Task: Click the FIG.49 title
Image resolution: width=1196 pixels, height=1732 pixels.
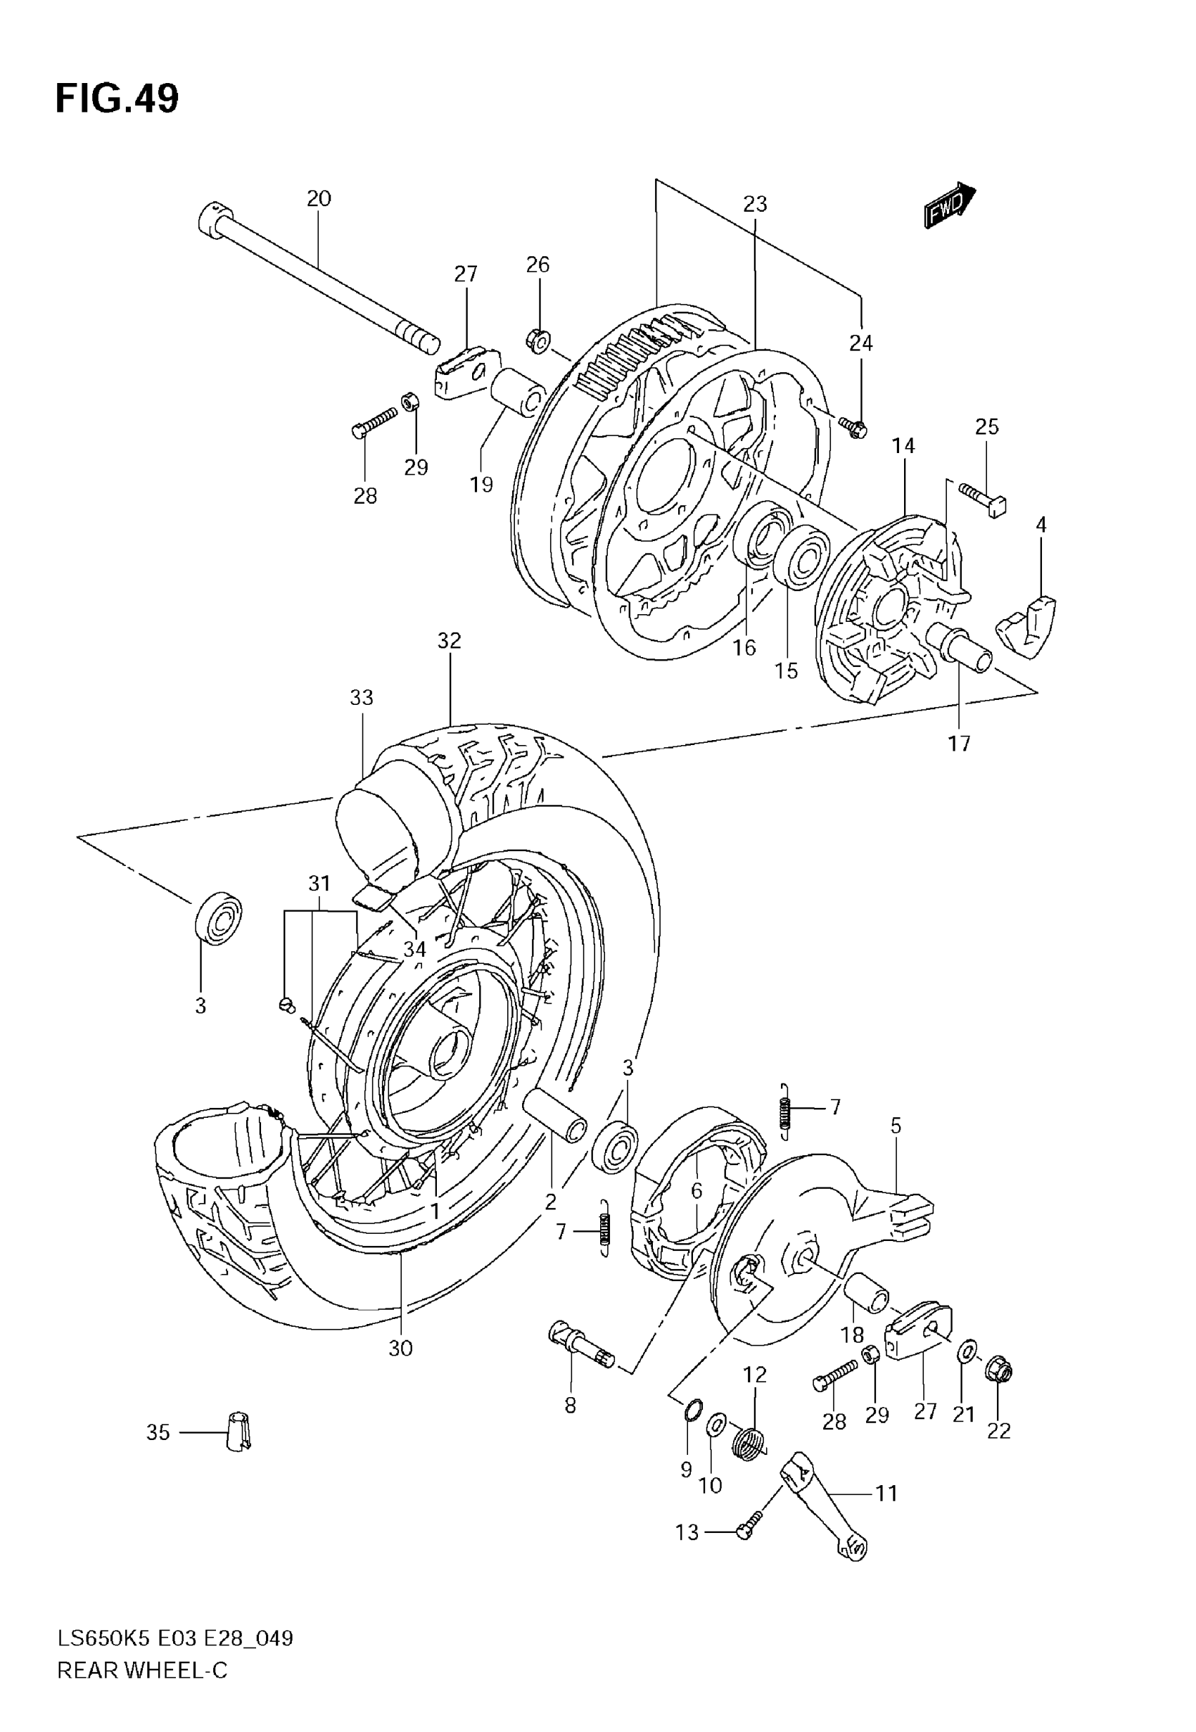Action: [117, 99]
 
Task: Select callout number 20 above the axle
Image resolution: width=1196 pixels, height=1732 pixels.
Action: [319, 198]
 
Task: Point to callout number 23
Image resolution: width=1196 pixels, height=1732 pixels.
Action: [756, 204]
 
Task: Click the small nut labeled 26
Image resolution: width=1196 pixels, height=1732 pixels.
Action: [538, 340]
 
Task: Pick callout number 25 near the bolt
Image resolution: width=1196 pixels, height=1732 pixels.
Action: [987, 426]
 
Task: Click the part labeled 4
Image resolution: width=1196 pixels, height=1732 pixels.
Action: [1028, 623]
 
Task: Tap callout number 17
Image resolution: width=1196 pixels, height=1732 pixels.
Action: [959, 744]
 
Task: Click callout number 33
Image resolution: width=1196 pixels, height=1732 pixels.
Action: [361, 697]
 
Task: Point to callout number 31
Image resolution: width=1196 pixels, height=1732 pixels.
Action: [320, 884]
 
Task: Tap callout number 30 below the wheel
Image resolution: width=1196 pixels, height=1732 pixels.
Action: [401, 1349]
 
